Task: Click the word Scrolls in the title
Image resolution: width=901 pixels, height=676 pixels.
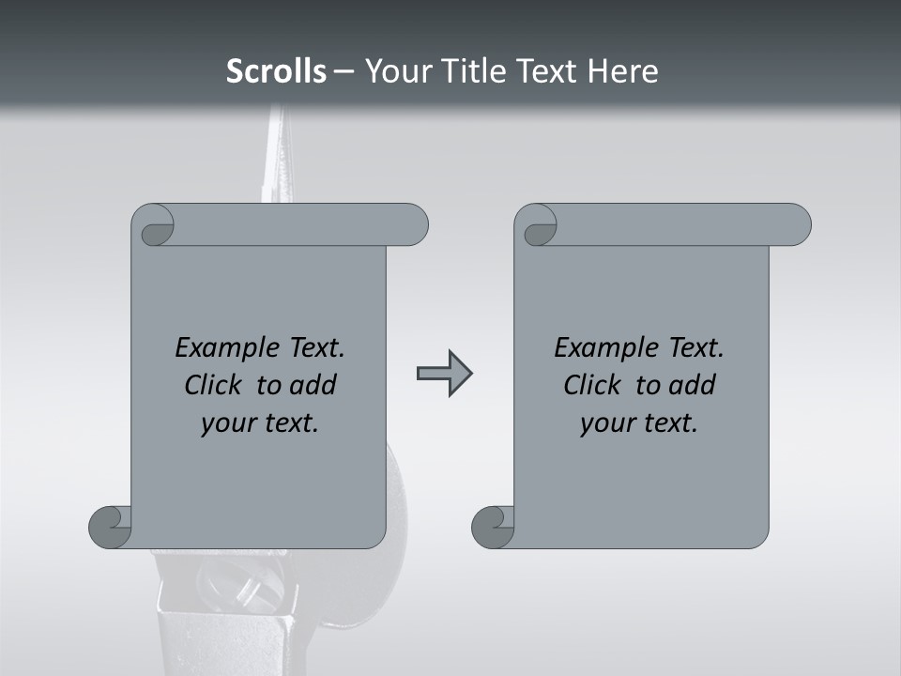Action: (276, 71)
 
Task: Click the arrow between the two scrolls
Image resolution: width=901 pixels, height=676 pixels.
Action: (444, 374)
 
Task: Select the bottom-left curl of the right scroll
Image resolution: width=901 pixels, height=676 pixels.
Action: (494, 527)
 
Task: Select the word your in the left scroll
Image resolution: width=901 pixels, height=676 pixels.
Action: (227, 423)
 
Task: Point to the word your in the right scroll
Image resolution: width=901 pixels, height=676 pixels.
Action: (606, 423)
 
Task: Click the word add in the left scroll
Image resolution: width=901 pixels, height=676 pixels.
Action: (312, 385)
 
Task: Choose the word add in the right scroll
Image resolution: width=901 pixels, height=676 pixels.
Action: (691, 385)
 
